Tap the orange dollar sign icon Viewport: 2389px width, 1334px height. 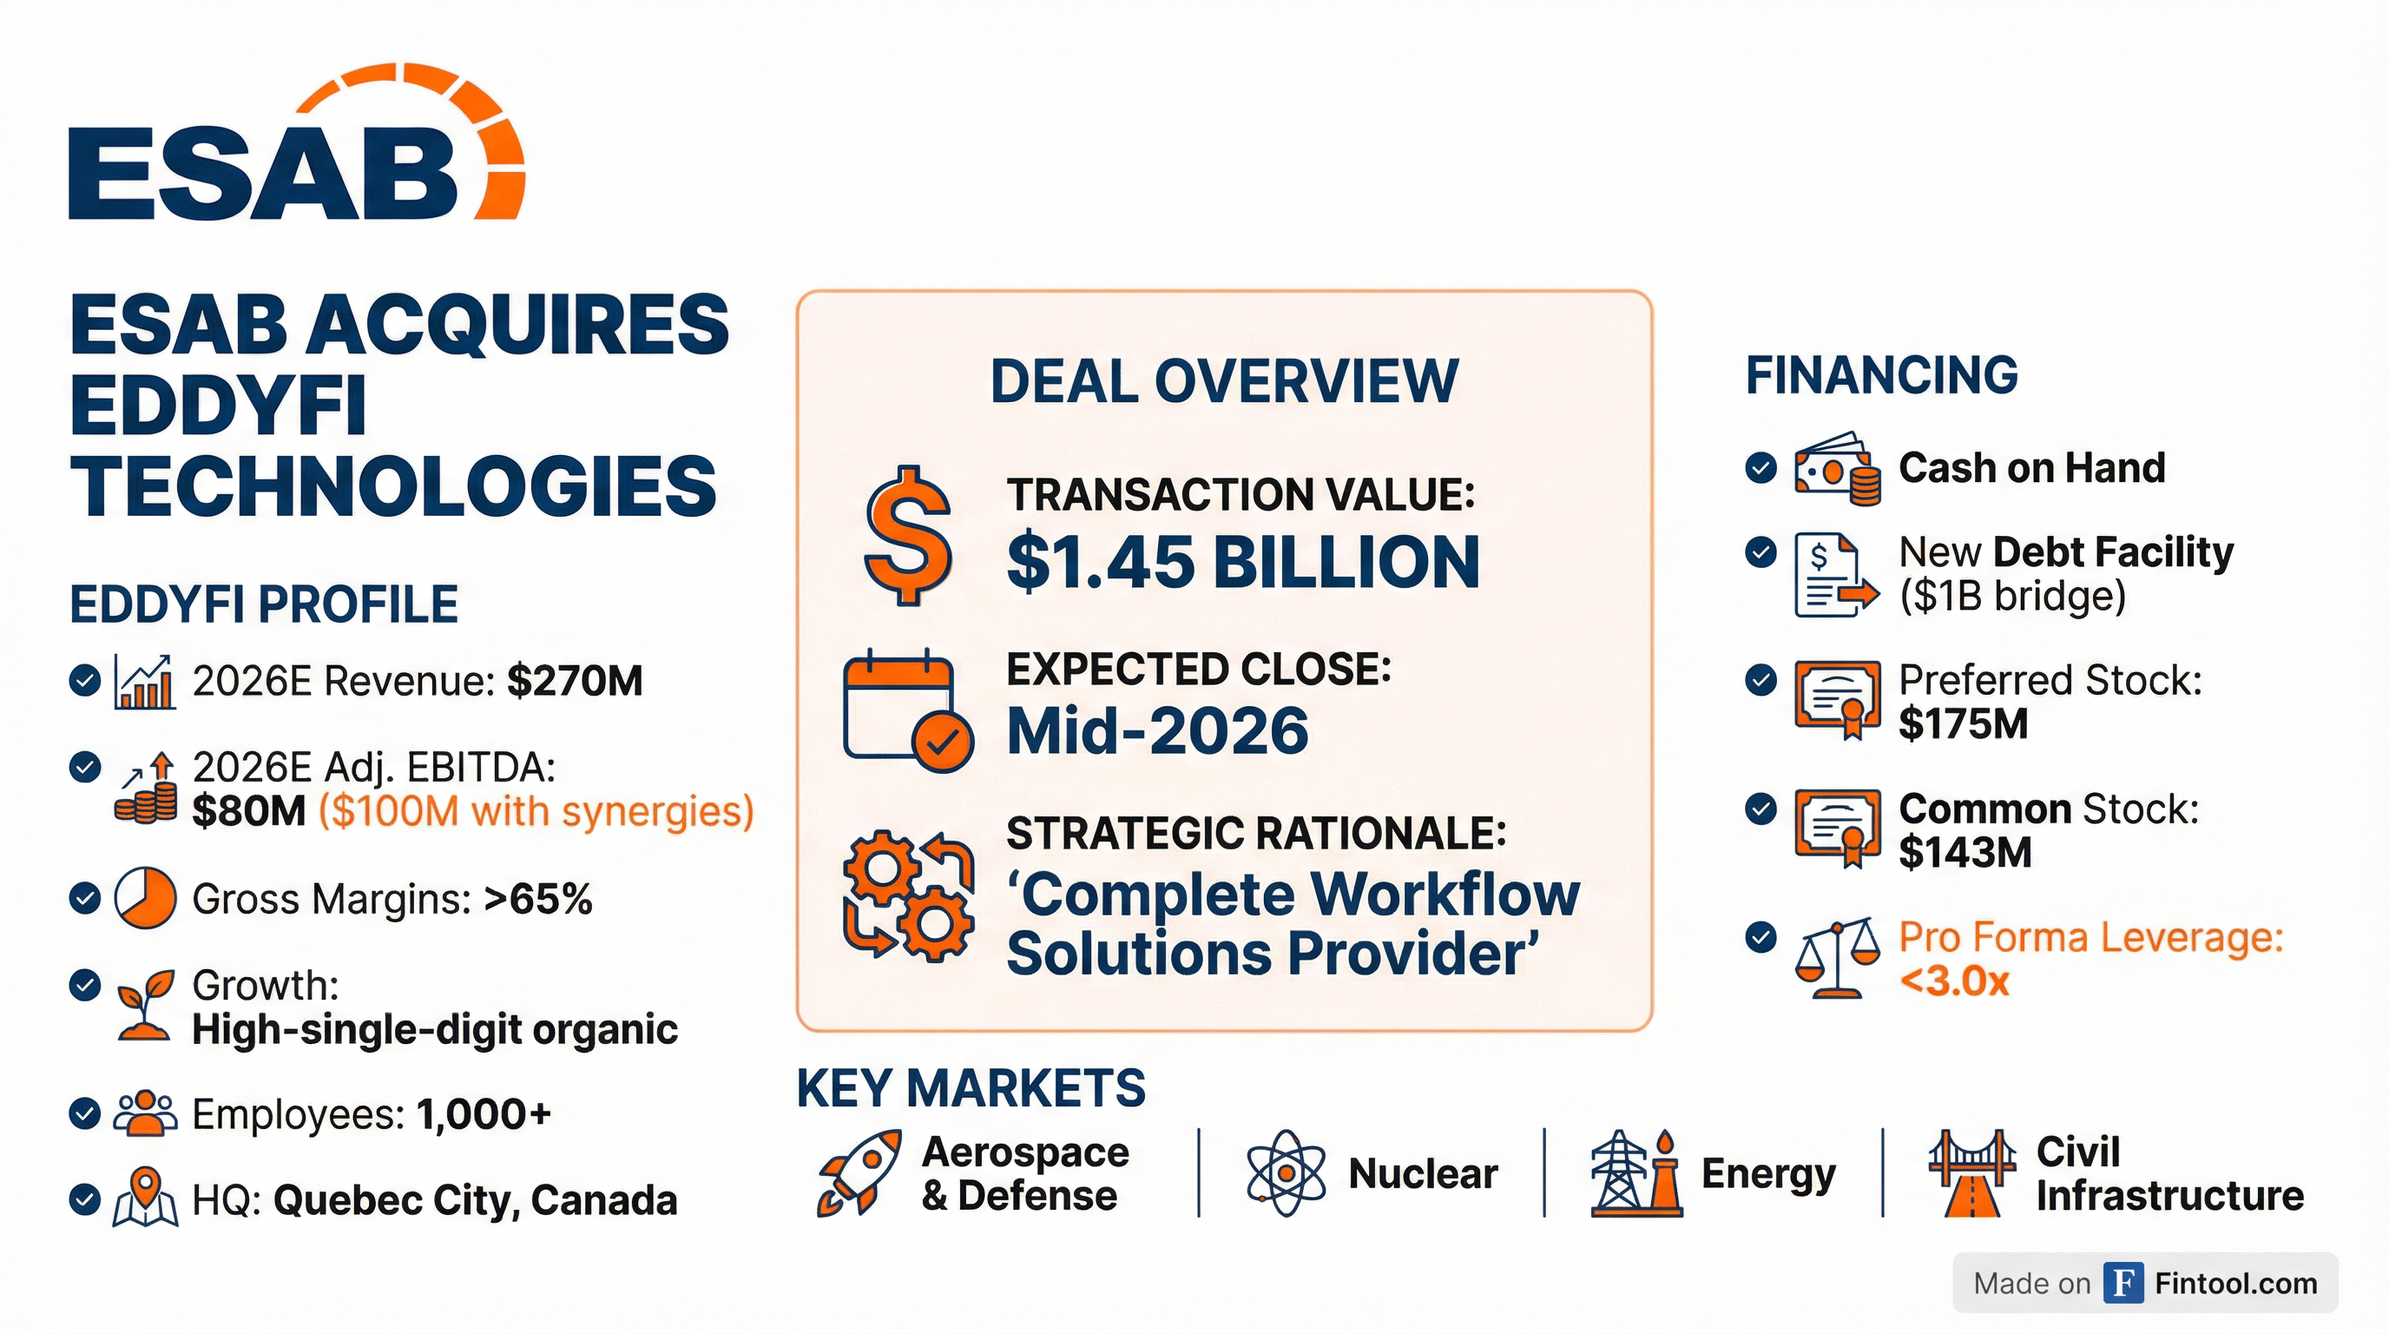click(907, 536)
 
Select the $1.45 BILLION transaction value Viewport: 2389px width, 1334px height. click(1243, 562)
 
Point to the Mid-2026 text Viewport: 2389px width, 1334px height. click(1157, 731)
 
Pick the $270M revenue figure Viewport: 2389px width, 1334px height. click(575, 681)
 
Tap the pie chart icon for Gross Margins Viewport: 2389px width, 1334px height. click(145, 898)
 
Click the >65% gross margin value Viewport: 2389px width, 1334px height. click(538, 898)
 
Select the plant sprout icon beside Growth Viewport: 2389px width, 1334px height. click(145, 1006)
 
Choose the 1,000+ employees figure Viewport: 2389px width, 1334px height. click(484, 1113)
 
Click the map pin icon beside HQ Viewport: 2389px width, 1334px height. click(145, 1199)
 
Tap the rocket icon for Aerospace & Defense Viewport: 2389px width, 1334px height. click(858, 1173)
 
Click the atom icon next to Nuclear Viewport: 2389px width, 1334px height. click(1287, 1173)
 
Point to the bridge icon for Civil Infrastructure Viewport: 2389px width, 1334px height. click(1971, 1173)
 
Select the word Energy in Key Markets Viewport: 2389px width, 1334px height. click(1767, 1174)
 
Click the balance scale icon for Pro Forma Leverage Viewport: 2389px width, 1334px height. click(1836, 959)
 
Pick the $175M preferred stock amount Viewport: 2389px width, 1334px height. click(1963, 723)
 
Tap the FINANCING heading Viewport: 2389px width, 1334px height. click(1881, 375)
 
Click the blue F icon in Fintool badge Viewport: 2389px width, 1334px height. click(2123, 1283)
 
